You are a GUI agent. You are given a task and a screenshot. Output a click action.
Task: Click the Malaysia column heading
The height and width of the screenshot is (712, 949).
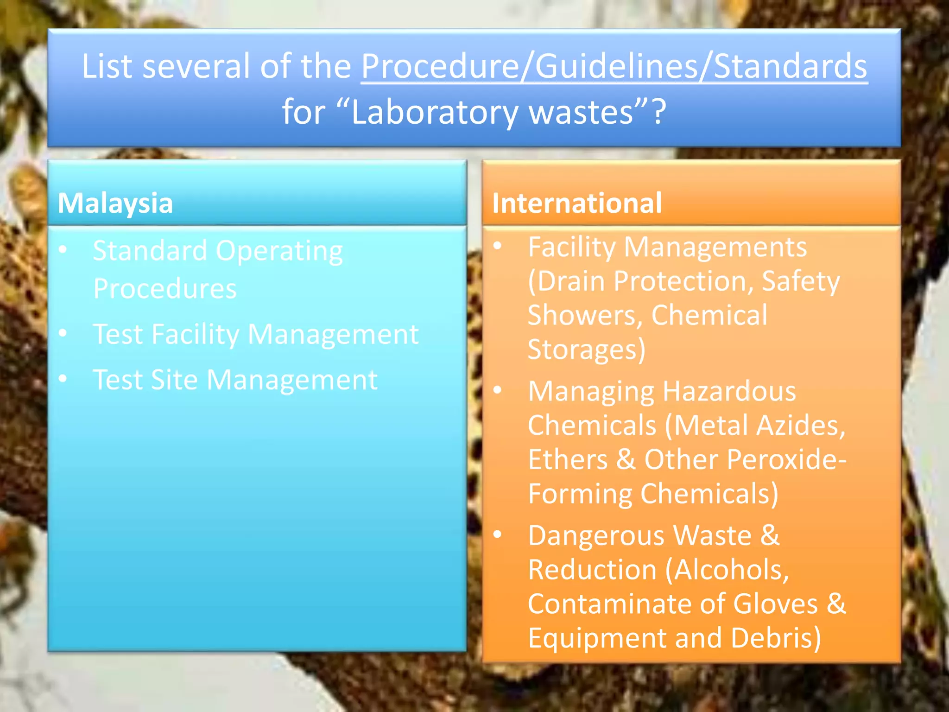tap(115, 203)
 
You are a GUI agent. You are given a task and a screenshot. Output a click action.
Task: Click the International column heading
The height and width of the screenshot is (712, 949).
tap(577, 203)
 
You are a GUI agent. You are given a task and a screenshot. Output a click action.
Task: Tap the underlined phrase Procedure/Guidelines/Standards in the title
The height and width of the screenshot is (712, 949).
tap(614, 66)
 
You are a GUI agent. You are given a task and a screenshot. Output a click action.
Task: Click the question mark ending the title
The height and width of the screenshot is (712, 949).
tap(659, 112)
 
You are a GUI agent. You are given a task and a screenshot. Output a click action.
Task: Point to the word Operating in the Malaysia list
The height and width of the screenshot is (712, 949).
tap(279, 251)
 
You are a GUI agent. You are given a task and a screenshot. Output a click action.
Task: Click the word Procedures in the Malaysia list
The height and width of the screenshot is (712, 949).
tap(165, 289)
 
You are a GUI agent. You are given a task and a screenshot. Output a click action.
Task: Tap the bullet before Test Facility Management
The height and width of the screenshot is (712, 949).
tap(63, 333)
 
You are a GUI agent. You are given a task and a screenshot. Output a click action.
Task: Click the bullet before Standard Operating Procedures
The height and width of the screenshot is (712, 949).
tap(63, 250)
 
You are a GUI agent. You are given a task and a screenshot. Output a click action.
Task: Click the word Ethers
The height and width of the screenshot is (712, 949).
tap(568, 460)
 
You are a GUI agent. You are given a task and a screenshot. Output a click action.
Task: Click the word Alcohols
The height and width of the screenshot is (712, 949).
tap(732, 570)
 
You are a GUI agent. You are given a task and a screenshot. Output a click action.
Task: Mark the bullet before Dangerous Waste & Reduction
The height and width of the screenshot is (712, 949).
tap(498, 534)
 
